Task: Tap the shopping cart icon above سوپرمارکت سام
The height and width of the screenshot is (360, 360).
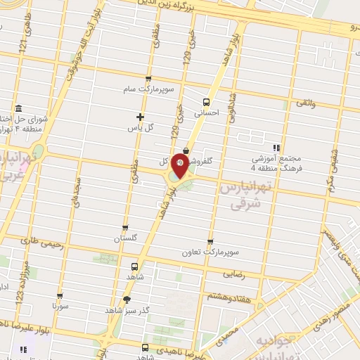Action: point(148,79)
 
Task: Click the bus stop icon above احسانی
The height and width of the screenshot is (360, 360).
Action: point(206,101)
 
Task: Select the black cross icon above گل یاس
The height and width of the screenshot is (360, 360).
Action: point(140,117)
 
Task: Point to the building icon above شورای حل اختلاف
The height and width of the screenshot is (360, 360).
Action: point(18,108)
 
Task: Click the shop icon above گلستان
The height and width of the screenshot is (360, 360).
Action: point(125,228)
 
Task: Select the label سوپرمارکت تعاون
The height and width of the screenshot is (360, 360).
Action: point(210,252)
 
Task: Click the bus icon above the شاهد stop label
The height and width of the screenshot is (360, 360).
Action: point(134,266)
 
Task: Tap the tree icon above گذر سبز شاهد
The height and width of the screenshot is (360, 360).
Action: point(127,299)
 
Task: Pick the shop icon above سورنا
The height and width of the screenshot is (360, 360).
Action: point(60,296)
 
